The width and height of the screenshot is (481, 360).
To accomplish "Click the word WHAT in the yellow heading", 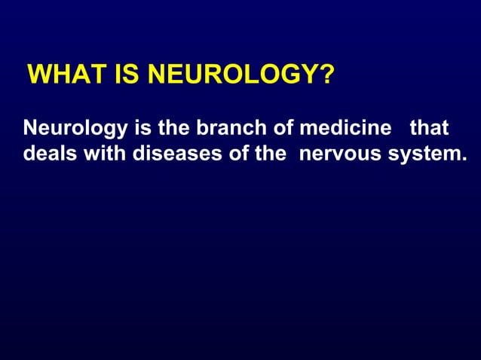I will point(60,76).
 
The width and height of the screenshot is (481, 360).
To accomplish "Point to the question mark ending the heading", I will point(326,76).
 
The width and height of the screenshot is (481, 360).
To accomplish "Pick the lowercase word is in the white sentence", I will point(142,127).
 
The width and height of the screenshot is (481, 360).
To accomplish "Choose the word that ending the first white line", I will point(429,127).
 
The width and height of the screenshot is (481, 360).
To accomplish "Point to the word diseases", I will point(173,153).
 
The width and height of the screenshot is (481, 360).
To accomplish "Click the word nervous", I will point(335,154).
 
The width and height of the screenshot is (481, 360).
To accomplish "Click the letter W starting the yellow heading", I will point(37,76).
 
